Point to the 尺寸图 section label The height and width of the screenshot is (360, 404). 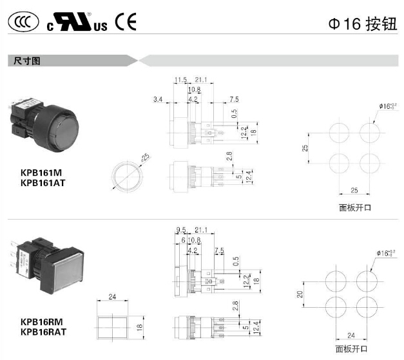[x=28, y=61]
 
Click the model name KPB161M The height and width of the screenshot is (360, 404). [x=41, y=173]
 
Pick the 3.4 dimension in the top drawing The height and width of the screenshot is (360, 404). [x=158, y=99]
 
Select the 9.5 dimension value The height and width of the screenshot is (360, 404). [x=181, y=229]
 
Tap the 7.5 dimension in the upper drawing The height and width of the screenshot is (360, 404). [x=234, y=99]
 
